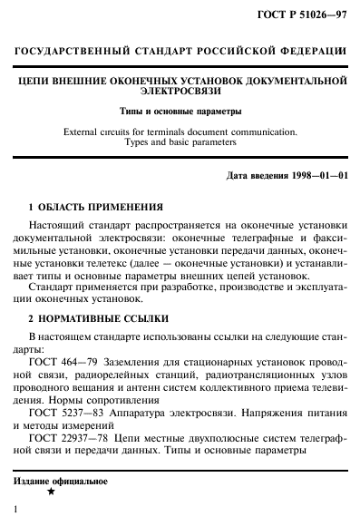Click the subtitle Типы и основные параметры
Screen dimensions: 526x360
click(180, 112)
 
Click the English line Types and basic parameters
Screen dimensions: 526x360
click(180, 142)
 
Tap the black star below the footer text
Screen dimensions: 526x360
click(51, 492)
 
